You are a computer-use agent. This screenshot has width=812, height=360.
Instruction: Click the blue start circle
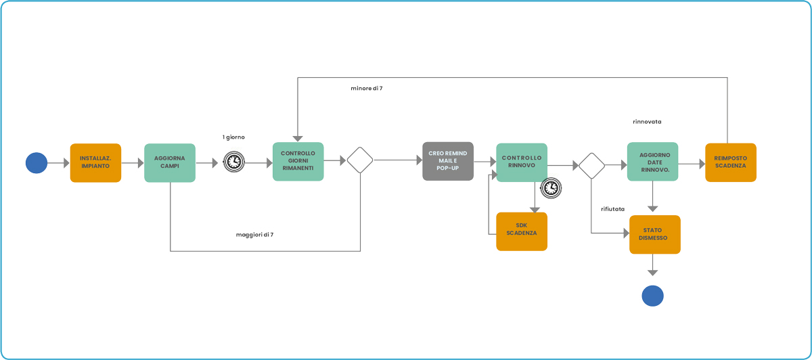pyautogui.click(x=37, y=163)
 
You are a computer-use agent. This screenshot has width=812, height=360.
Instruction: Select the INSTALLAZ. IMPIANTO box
pyautogui.click(x=95, y=163)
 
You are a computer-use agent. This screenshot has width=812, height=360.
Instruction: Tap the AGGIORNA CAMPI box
pyautogui.click(x=170, y=163)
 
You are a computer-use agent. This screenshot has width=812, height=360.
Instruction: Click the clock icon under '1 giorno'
pyautogui.click(x=234, y=162)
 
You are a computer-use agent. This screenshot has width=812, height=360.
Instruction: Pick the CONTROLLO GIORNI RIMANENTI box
pyautogui.click(x=298, y=161)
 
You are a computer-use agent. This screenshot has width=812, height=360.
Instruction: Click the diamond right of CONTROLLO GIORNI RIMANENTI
pyautogui.click(x=360, y=160)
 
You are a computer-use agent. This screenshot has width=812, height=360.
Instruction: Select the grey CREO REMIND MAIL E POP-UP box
pyautogui.click(x=448, y=161)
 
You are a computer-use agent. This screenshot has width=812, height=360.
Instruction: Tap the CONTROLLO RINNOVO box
pyautogui.click(x=522, y=162)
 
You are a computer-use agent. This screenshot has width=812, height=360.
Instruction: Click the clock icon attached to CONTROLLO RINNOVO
pyautogui.click(x=551, y=188)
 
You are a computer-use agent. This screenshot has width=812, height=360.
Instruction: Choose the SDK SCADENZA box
pyautogui.click(x=522, y=231)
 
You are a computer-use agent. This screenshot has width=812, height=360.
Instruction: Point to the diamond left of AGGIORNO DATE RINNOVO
pyautogui.click(x=591, y=166)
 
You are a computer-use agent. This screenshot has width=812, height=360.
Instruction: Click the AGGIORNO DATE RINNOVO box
pyautogui.click(x=653, y=162)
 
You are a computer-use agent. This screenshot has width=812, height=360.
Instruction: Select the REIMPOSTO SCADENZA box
pyautogui.click(x=731, y=162)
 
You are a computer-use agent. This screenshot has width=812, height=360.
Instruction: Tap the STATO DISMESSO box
pyautogui.click(x=655, y=235)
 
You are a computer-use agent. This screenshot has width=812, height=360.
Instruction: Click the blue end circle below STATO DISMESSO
pyautogui.click(x=652, y=296)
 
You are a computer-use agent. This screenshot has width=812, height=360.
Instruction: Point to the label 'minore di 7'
pyautogui.click(x=367, y=89)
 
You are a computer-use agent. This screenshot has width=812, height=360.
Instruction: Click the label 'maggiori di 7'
pyautogui.click(x=255, y=235)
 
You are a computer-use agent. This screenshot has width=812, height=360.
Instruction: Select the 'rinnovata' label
pyautogui.click(x=647, y=122)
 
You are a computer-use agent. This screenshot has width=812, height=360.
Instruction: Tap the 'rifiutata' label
pyautogui.click(x=612, y=209)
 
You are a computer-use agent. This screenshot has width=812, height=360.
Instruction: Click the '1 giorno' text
pyautogui.click(x=233, y=137)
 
